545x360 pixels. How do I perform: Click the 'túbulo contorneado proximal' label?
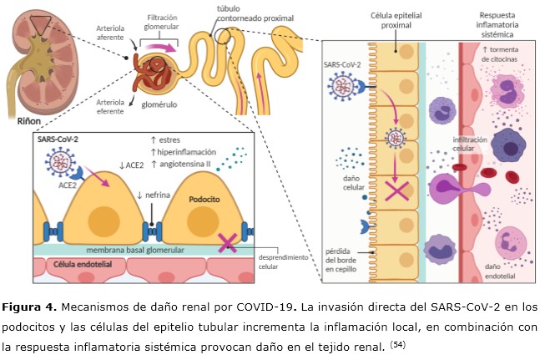(x=245, y=13)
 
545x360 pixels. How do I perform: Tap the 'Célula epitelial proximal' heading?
(x=375, y=22)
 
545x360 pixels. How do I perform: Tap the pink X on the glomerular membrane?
(x=225, y=244)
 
